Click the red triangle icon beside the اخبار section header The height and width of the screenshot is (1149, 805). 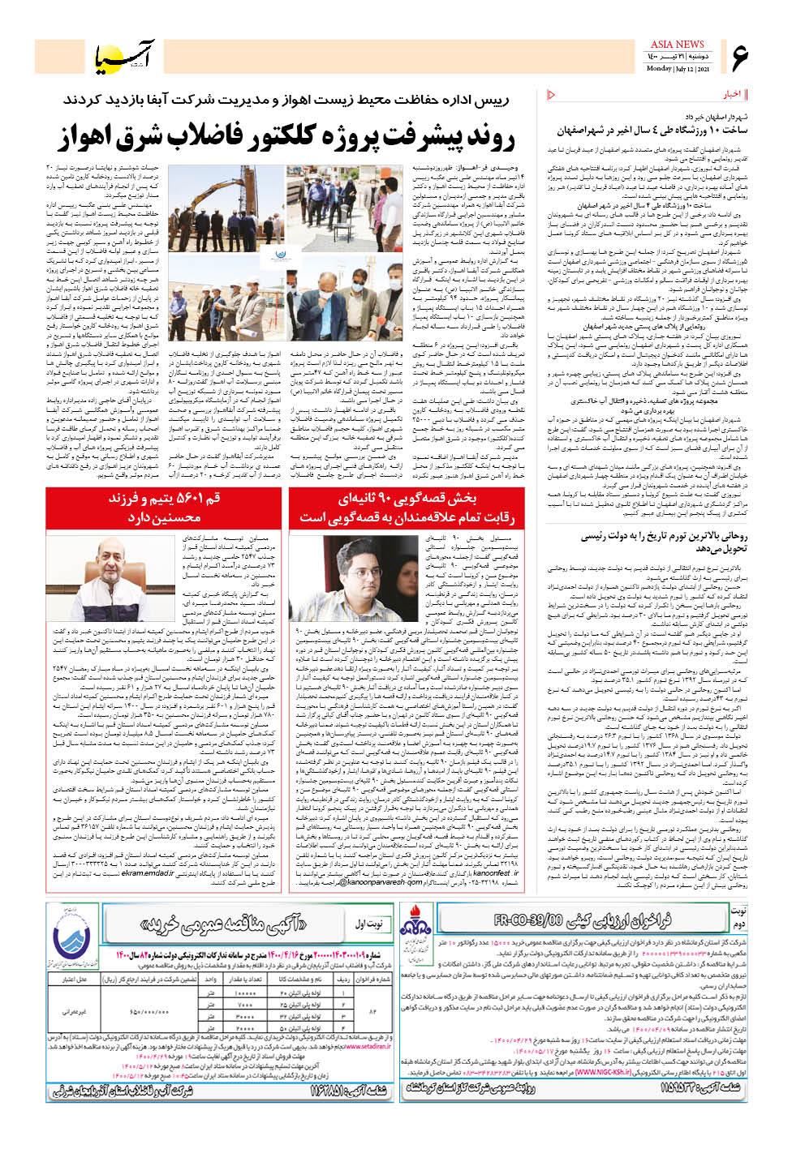tap(553, 93)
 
